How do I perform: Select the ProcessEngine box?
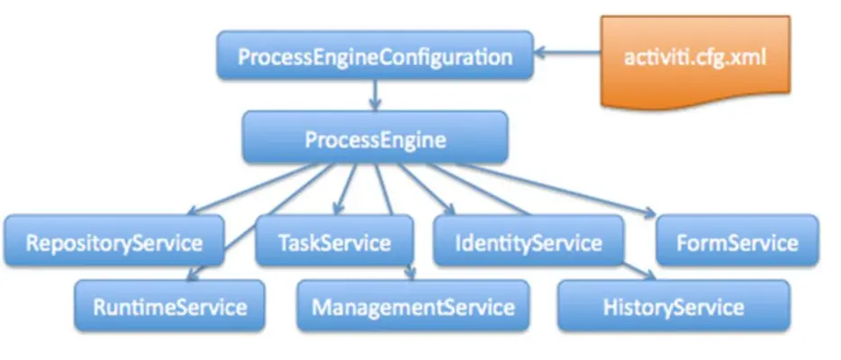[x=375, y=139]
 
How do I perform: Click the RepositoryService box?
[x=113, y=242]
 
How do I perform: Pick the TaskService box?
[x=334, y=242]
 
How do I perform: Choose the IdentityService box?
[x=528, y=242]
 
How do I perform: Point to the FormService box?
[x=737, y=242]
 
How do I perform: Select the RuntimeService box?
[x=169, y=306]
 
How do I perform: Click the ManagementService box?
[x=413, y=306]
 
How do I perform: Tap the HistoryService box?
[x=674, y=306]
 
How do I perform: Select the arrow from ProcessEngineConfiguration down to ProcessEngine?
[x=375, y=94]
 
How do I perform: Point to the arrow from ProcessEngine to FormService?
[x=576, y=191]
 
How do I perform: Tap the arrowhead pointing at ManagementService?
[x=411, y=274]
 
